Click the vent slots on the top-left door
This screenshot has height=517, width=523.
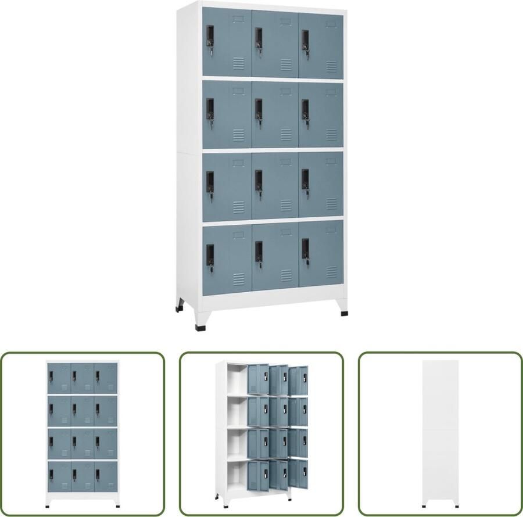(239, 63)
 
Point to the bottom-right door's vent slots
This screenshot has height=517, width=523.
(331, 271)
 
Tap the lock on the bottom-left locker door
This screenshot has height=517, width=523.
(210, 255)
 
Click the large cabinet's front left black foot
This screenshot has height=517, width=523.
(200, 326)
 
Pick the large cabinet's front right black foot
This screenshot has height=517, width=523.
(345, 313)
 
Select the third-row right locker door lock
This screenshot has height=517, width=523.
(305, 181)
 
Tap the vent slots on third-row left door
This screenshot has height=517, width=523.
(239, 206)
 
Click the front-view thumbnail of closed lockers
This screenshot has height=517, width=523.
(82, 434)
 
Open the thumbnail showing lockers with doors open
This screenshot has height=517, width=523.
(261, 434)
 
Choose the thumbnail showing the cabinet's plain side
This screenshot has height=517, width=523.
(440, 434)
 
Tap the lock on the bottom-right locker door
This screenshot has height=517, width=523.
(305, 250)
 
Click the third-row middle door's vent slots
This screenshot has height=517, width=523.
(286, 205)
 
